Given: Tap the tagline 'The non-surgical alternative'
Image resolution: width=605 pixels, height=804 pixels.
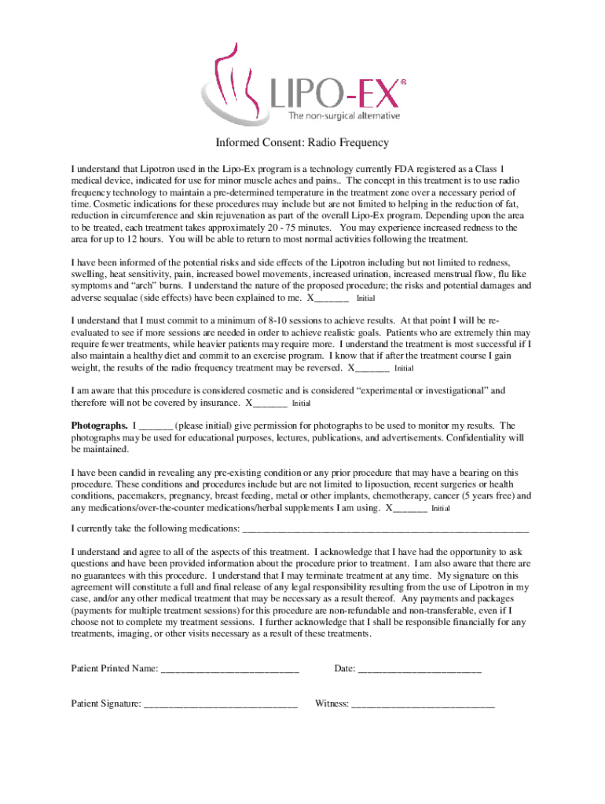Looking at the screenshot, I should (344, 116).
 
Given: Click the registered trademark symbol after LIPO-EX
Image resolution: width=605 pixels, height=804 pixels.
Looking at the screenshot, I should (404, 81).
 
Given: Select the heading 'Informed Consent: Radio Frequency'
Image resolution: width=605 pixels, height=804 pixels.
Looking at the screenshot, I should (302, 144).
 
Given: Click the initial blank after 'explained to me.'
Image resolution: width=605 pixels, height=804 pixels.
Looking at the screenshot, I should (332, 299).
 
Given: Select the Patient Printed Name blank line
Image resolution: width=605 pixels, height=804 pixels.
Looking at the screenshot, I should (229, 670).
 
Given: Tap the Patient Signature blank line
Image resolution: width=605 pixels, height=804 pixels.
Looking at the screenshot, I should (221, 704).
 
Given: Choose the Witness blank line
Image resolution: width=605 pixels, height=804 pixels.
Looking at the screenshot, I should (423, 704).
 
